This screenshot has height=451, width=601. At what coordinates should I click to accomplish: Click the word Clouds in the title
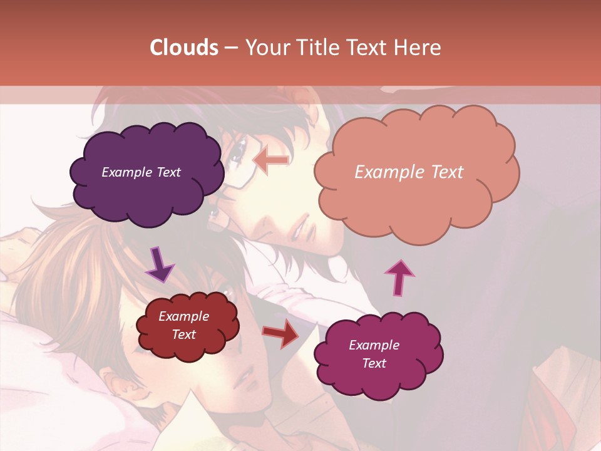click(x=184, y=48)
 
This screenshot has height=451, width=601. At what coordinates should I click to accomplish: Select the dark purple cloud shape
click(x=146, y=173)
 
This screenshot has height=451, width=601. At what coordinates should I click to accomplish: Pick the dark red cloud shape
click(x=187, y=326)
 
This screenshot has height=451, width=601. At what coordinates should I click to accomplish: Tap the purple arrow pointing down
click(x=160, y=266)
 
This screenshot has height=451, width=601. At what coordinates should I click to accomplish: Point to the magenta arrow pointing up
click(x=399, y=276)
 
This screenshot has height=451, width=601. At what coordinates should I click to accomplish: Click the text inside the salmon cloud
click(x=409, y=172)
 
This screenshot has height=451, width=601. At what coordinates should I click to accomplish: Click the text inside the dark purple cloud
click(x=141, y=172)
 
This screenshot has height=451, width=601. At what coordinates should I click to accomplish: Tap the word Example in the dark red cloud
click(x=183, y=317)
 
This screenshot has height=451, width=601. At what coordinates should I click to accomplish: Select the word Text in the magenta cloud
click(x=374, y=363)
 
